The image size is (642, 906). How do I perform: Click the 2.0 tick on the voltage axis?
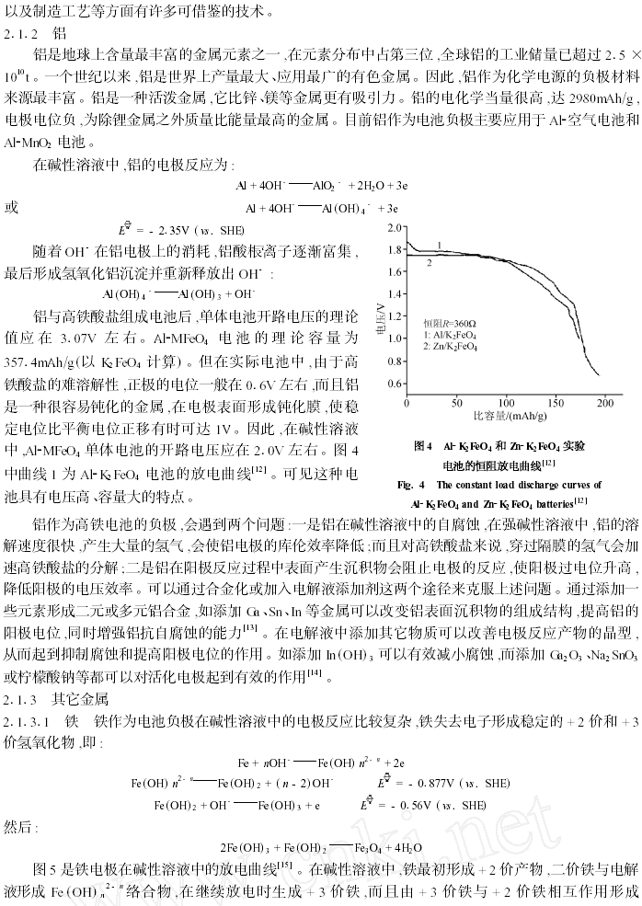[x=394, y=226]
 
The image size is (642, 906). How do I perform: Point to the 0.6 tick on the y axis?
[x=394, y=384]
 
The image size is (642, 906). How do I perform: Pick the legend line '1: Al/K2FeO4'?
[x=451, y=336]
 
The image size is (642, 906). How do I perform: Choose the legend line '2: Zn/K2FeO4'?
[x=451, y=348]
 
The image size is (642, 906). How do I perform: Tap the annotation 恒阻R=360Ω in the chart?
[x=449, y=324]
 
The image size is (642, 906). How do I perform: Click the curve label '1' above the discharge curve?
[x=439, y=244]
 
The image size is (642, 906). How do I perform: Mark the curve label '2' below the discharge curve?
[x=429, y=262]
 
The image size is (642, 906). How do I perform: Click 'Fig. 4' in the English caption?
[x=410, y=485]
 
